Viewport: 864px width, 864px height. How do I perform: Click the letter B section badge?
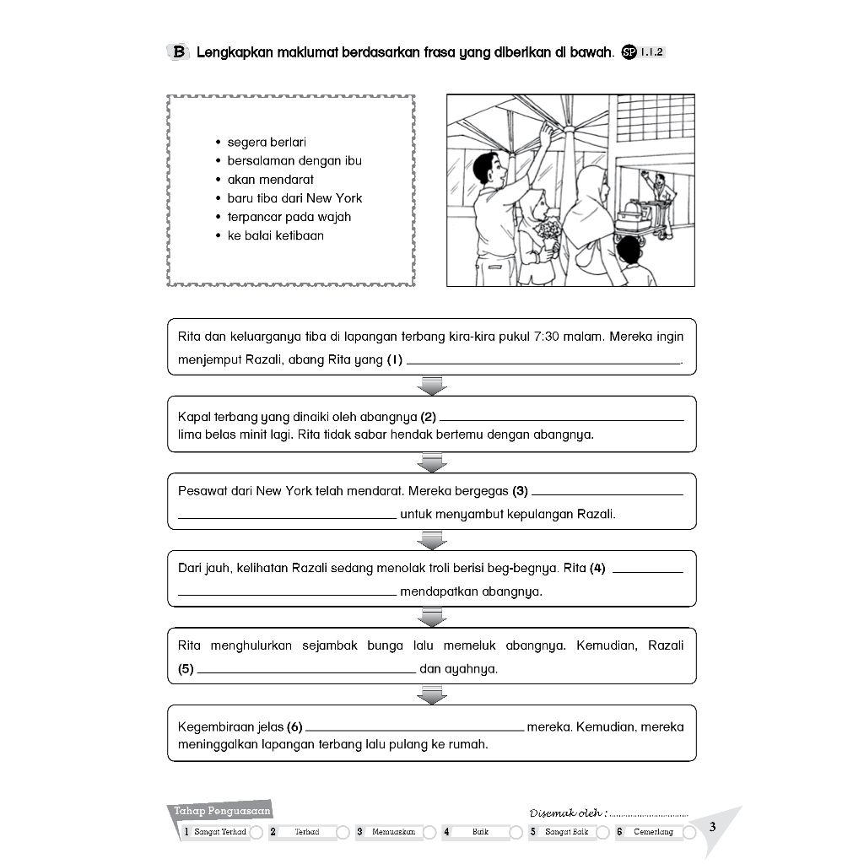[x=179, y=52]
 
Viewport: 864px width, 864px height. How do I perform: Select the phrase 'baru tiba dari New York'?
[x=294, y=198]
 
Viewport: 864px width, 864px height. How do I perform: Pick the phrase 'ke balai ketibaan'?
[x=275, y=235]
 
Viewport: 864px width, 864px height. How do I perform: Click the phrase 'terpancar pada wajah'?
[x=289, y=217]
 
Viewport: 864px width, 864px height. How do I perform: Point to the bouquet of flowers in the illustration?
[x=548, y=231]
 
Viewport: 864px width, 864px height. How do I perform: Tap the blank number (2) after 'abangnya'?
[x=561, y=418]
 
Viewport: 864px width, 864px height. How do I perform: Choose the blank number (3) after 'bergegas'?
[x=607, y=493]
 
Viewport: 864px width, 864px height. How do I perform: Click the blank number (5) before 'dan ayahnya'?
[x=305, y=671]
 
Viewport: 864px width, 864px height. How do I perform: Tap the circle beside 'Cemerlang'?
[x=689, y=833]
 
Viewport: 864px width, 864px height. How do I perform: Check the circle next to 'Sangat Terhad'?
[x=256, y=833]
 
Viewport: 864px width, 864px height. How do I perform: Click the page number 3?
[x=713, y=826]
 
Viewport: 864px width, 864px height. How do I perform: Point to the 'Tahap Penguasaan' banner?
[x=221, y=812]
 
